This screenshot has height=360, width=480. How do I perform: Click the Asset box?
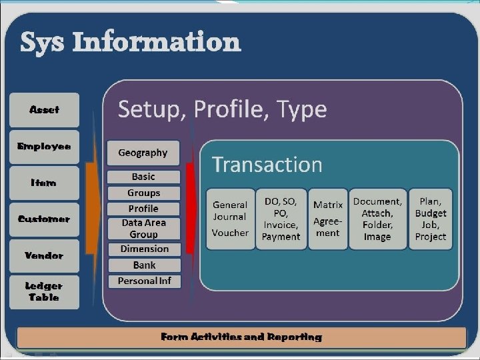pyautogui.click(x=44, y=110)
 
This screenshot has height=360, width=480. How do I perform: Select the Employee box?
pyautogui.click(x=44, y=146)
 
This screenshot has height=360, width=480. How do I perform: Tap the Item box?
pyautogui.click(x=44, y=183)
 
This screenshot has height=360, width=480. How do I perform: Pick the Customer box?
pyautogui.click(x=44, y=219)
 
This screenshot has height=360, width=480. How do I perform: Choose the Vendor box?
pyautogui.click(x=44, y=255)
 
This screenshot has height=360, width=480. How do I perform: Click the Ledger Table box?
pyautogui.click(x=44, y=292)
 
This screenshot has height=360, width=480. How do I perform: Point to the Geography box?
pyautogui.click(x=143, y=153)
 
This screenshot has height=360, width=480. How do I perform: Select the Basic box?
pyautogui.click(x=143, y=177)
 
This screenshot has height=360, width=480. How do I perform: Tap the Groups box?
pyautogui.click(x=143, y=193)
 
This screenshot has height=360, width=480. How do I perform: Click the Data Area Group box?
pyautogui.click(x=143, y=229)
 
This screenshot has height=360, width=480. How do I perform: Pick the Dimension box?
pyautogui.click(x=143, y=249)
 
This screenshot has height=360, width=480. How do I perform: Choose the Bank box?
pyautogui.click(x=143, y=265)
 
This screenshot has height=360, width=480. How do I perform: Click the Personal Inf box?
pyautogui.click(x=143, y=281)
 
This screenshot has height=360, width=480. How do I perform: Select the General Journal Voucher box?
pyautogui.click(x=230, y=219)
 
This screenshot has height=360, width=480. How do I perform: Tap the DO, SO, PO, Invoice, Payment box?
pyautogui.click(x=281, y=219)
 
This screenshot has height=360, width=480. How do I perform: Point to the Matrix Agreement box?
pyautogui.click(x=328, y=219)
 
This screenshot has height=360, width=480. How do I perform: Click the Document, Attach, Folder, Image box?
pyautogui.click(x=377, y=219)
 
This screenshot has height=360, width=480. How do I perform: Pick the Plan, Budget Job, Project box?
pyautogui.click(x=431, y=219)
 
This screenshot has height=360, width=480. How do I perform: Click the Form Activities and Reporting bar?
pyautogui.click(x=241, y=337)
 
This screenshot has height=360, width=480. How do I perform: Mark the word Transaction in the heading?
pyautogui.click(x=267, y=165)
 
